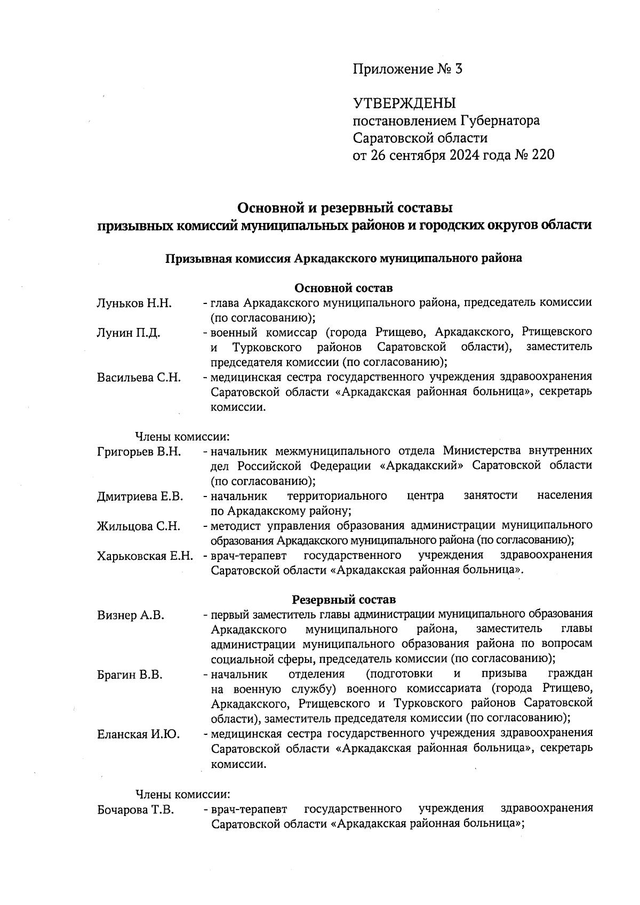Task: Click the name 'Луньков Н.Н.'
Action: pyautogui.click(x=134, y=303)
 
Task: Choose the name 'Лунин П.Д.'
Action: pyautogui.click(x=129, y=333)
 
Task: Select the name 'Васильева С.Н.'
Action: pyautogui.click(x=139, y=378)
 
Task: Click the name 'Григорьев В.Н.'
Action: pyautogui.click(x=139, y=452)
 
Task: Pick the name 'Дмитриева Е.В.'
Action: pyautogui.click(x=140, y=496)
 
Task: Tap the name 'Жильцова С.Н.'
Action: pyautogui.click(x=138, y=526)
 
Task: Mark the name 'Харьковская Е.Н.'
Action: pyautogui.click(x=145, y=556)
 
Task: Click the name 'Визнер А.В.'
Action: pyautogui.click(x=130, y=615)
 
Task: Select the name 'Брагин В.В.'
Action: pyautogui.click(x=130, y=675)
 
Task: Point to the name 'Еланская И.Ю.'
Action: pyautogui.click(x=138, y=734)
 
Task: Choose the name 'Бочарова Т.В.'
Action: pyautogui.click(x=135, y=809)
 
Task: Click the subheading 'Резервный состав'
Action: pyautogui.click(x=344, y=599)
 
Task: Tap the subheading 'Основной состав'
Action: pyautogui.click(x=344, y=288)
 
